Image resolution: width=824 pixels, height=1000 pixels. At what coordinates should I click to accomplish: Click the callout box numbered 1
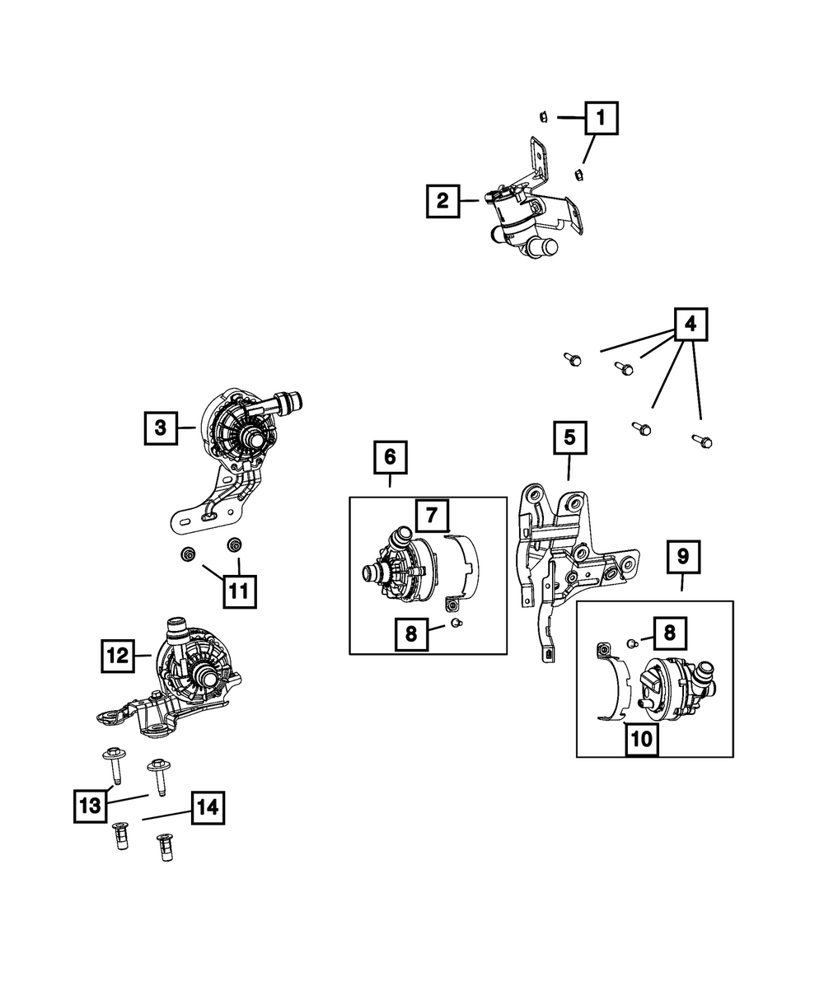pos(601,118)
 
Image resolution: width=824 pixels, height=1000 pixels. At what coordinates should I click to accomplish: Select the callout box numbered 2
pos(443,201)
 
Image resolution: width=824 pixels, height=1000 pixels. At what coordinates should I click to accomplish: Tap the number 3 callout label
pos(161,428)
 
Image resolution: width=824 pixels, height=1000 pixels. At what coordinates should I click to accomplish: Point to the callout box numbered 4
pos(691,325)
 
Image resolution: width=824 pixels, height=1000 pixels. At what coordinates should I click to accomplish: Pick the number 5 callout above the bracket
pos(569,437)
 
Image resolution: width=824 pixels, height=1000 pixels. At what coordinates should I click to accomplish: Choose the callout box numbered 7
pos(432,516)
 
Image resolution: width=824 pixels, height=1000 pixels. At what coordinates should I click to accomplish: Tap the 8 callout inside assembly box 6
pos(411,635)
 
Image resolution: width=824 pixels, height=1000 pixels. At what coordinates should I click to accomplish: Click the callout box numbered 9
pos(683,558)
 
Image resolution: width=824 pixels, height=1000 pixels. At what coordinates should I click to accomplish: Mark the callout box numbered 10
pos(640,739)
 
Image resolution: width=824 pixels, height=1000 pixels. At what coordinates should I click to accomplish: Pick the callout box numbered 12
pos(118,656)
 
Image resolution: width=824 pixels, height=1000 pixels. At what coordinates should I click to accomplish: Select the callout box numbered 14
pos(207,809)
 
